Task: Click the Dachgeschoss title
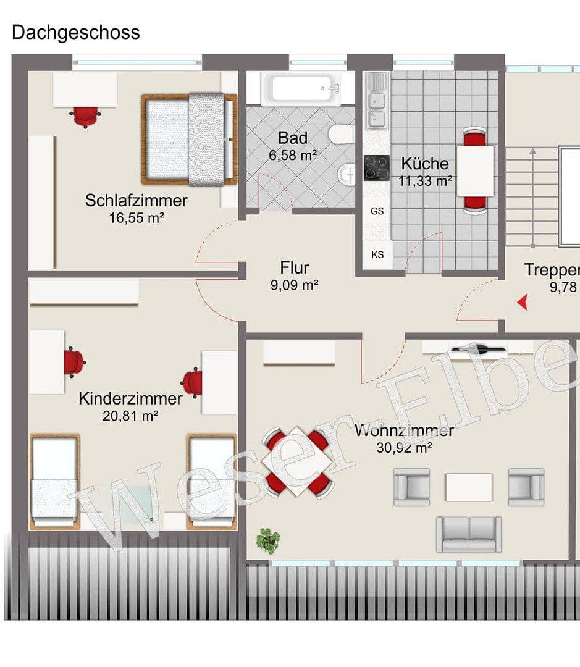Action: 75,32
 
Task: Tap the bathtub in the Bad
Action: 301,90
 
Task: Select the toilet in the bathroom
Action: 340,134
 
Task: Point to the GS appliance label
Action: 377,211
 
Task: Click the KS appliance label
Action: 377,254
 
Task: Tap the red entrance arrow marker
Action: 523,302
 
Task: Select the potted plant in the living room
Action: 268,540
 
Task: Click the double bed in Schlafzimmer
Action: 189,139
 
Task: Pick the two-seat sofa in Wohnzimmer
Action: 469,534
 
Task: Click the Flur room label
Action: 294,268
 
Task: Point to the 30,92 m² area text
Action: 404,449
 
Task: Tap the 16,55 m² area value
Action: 137,217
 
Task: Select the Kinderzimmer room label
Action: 130,399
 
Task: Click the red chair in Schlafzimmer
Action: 85,115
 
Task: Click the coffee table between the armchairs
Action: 469,487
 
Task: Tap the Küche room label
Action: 425,164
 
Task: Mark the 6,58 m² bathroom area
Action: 293,155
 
